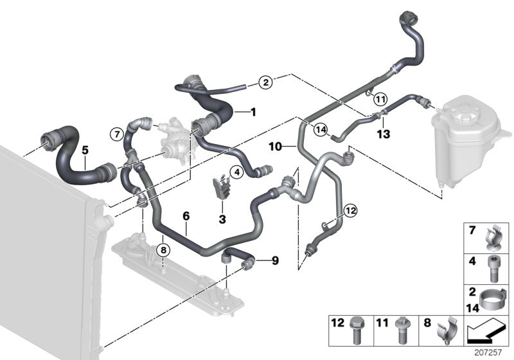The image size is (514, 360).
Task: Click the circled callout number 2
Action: pos(265,82)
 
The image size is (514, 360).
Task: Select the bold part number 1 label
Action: pos(253,113)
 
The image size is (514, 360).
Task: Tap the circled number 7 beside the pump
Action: pos(116,134)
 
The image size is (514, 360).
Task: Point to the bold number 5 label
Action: pos(85,149)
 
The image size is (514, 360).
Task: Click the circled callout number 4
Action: pos(236,172)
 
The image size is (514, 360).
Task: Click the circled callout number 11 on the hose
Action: pos(380,99)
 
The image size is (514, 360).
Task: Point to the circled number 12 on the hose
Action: pos(349,209)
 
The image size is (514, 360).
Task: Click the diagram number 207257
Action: pos(492,351)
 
